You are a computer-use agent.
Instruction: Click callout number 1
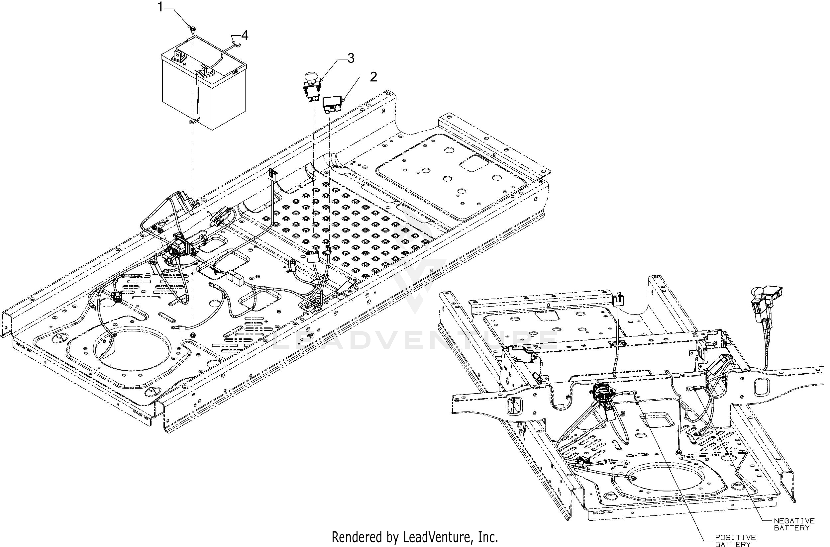point(160,7)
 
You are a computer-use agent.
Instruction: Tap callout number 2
point(373,77)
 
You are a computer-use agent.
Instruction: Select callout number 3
point(351,58)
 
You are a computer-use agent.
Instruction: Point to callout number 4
point(245,35)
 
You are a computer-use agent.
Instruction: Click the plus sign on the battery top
point(184,64)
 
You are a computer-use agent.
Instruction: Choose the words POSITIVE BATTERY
point(735,541)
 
